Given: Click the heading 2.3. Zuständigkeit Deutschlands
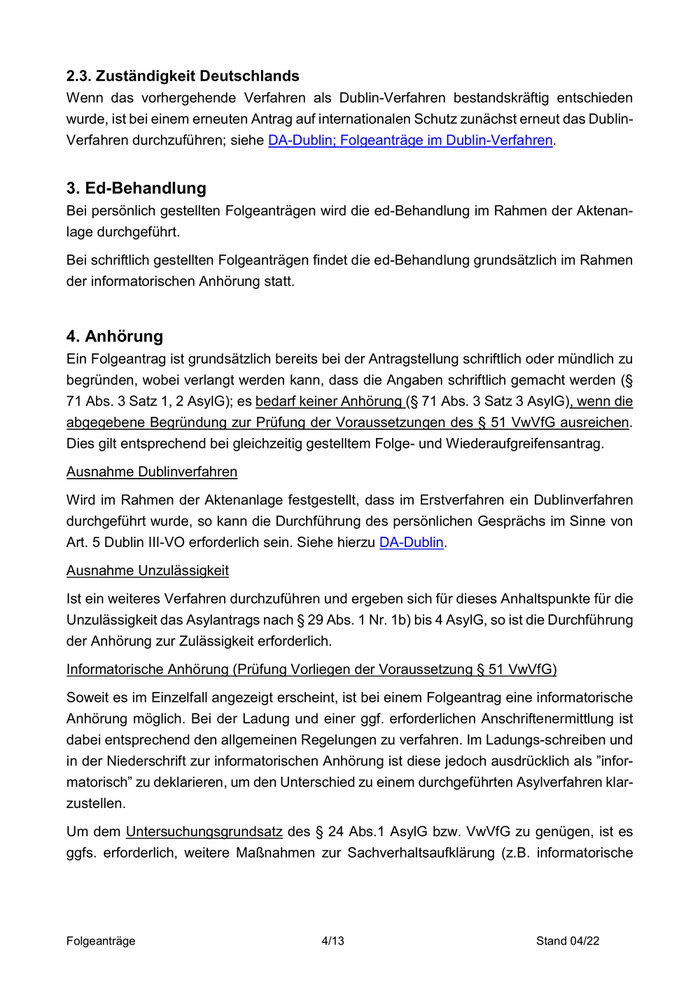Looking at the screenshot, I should click(x=183, y=75).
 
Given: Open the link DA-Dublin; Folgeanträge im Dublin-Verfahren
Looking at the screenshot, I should click(x=410, y=141).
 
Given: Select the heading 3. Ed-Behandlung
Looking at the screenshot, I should click(x=136, y=187).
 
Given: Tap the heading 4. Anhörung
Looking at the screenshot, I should click(x=114, y=335).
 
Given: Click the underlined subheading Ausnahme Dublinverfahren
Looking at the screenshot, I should click(x=151, y=471).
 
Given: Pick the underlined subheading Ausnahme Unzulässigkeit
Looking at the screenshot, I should click(x=148, y=570).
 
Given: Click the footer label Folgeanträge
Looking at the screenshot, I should click(x=101, y=941).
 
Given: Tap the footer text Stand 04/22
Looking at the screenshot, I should click(x=566, y=941).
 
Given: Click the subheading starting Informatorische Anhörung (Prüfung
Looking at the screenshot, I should click(x=311, y=669).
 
